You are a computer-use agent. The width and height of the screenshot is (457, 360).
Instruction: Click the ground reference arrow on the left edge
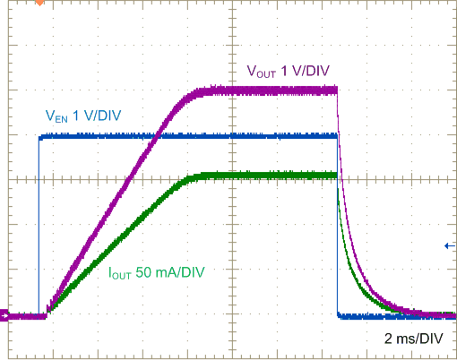coord(4,315)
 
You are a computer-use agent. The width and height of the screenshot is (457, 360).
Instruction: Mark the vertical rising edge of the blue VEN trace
coord(39,224)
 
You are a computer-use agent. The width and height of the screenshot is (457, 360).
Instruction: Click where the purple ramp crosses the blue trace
coord(158,136)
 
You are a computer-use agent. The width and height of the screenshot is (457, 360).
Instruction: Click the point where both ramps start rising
coord(47,313)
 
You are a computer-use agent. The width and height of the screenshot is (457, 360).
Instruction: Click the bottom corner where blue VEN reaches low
coord(338,314)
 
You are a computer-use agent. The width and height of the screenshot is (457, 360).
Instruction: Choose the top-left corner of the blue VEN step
coord(39,137)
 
